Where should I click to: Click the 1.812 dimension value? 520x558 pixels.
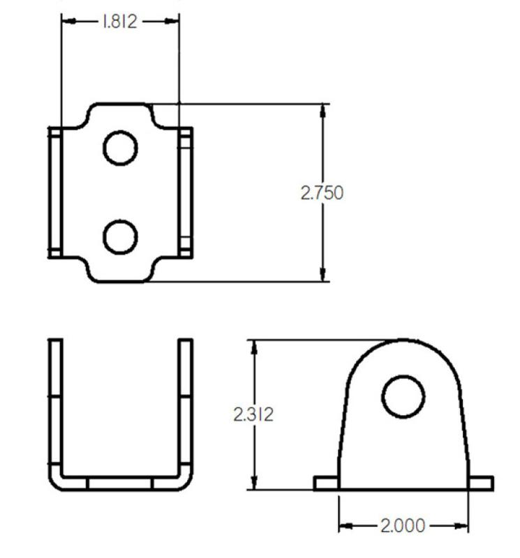pyautogui.click(x=120, y=22)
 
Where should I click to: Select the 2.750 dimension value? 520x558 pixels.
pyautogui.click(x=322, y=193)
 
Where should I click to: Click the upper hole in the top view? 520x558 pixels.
pyautogui.click(x=120, y=148)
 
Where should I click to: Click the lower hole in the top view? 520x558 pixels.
pyautogui.click(x=120, y=237)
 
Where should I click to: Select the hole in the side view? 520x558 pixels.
pyautogui.click(x=403, y=396)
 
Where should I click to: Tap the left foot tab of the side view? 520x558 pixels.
pyautogui.click(x=326, y=483)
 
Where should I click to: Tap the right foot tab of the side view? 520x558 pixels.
pyautogui.click(x=480, y=483)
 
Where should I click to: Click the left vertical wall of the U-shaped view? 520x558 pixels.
pyautogui.click(x=55, y=405)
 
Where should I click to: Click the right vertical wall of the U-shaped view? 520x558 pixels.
pyautogui.click(x=186, y=405)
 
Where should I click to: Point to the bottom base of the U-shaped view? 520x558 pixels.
pyautogui.click(x=120, y=483)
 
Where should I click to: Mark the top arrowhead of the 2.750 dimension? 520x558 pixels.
pyautogui.click(x=323, y=110)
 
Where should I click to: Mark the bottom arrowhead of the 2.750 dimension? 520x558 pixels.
pyautogui.click(x=323, y=276)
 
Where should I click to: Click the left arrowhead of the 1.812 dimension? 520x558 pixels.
pyautogui.click(x=68, y=22)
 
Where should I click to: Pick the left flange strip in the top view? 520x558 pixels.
pyautogui.click(x=55, y=193)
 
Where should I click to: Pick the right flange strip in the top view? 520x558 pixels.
pyautogui.click(x=186, y=193)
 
